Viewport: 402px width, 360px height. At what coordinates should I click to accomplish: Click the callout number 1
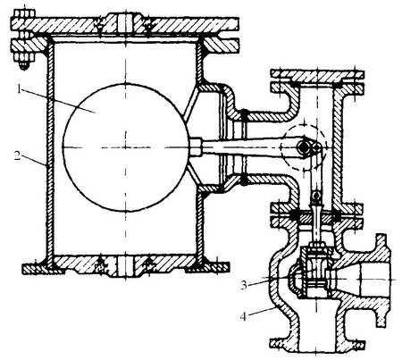click(x=19, y=89)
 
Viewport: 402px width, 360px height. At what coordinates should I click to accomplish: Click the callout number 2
click(x=18, y=155)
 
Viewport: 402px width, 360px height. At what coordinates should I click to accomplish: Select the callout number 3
click(x=244, y=285)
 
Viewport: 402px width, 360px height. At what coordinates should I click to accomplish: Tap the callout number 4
click(x=244, y=317)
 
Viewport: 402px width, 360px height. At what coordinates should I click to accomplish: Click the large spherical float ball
click(x=125, y=147)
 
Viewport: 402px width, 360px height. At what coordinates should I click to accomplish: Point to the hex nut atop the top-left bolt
click(x=24, y=13)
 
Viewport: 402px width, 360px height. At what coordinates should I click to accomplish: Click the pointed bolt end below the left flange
click(x=24, y=66)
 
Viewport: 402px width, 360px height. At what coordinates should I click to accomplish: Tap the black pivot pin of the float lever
click(x=304, y=147)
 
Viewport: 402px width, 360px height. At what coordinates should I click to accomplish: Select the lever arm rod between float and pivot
click(x=250, y=147)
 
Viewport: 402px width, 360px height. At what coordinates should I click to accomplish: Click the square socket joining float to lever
click(x=195, y=147)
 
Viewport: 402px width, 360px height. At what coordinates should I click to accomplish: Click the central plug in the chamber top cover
click(x=125, y=22)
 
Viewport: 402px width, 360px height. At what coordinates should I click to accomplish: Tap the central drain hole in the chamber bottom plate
click(x=125, y=266)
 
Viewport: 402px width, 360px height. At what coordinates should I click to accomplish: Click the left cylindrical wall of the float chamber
click(x=50, y=149)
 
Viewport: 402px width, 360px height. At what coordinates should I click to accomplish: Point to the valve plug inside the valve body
click(x=316, y=272)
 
